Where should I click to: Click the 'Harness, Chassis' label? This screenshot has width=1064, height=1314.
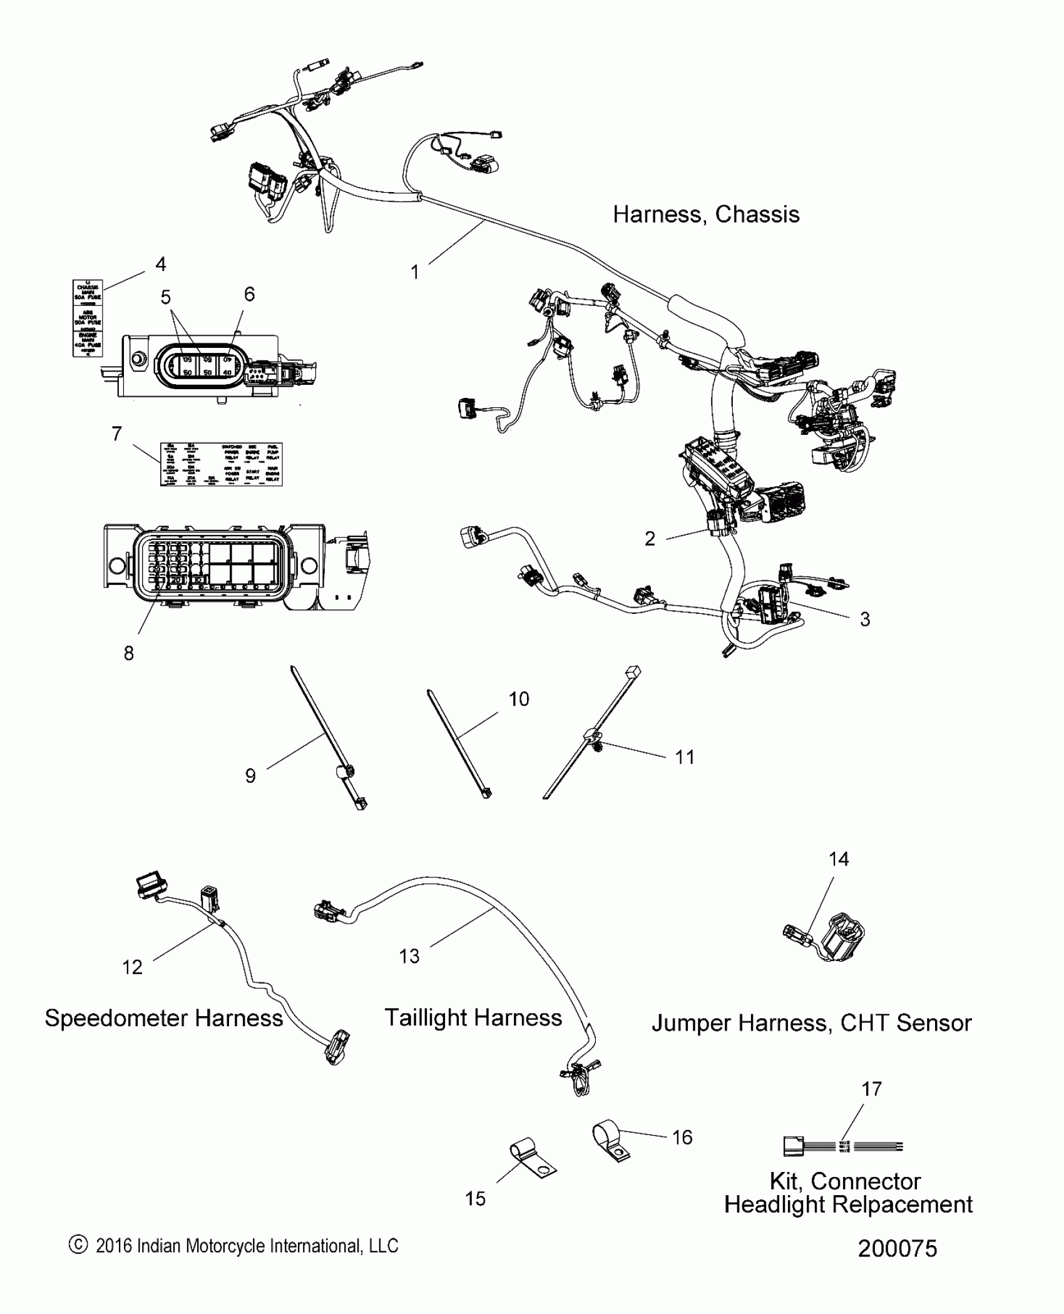click(706, 215)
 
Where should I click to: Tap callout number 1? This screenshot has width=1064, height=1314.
click(414, 272)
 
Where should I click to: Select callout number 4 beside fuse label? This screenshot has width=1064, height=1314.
click(161, 265)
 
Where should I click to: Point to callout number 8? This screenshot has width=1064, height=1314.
click(128, 653)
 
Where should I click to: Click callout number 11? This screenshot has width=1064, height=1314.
click(685, 757)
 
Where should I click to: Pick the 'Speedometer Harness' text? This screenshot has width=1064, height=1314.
click(164, 1018)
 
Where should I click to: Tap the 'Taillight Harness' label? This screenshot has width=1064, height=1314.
click(473, 1017)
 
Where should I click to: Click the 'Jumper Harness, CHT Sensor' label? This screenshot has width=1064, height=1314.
click(811, 1023)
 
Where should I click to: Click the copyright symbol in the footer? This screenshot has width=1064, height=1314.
click(78, 1245)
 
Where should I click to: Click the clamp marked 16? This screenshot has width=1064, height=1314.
click(609, 1141)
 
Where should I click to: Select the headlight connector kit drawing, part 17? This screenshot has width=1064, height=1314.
click(842, 1147)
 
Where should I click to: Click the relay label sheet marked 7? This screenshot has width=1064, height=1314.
click(221, 464)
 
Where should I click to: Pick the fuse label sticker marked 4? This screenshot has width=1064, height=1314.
click(88, 318)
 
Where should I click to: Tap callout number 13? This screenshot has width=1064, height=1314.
click(409, 956)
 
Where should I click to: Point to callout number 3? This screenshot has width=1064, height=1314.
click(865, 619)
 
